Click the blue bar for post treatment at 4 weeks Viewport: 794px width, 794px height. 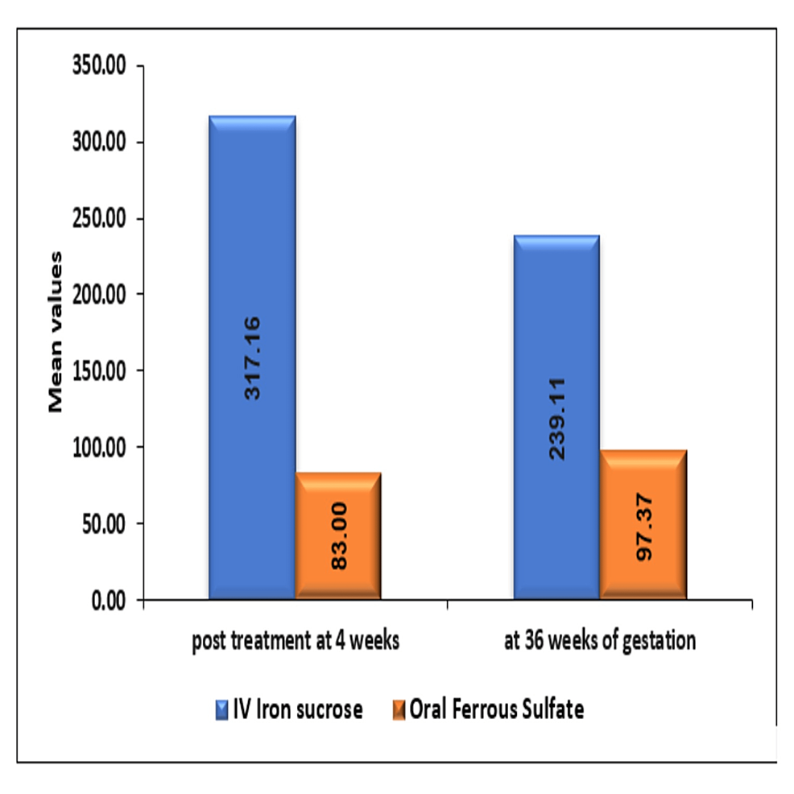click(252, 242)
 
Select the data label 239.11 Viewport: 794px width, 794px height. click(557, 419)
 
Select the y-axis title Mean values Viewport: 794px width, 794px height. click(56, 332)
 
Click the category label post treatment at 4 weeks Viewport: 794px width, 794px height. click(296, 643)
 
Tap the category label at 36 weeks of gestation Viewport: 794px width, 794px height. click(599, 643)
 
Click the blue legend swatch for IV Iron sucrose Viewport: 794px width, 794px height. click(221, 709)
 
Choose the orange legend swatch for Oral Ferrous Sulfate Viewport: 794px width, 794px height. click(399, 709)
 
